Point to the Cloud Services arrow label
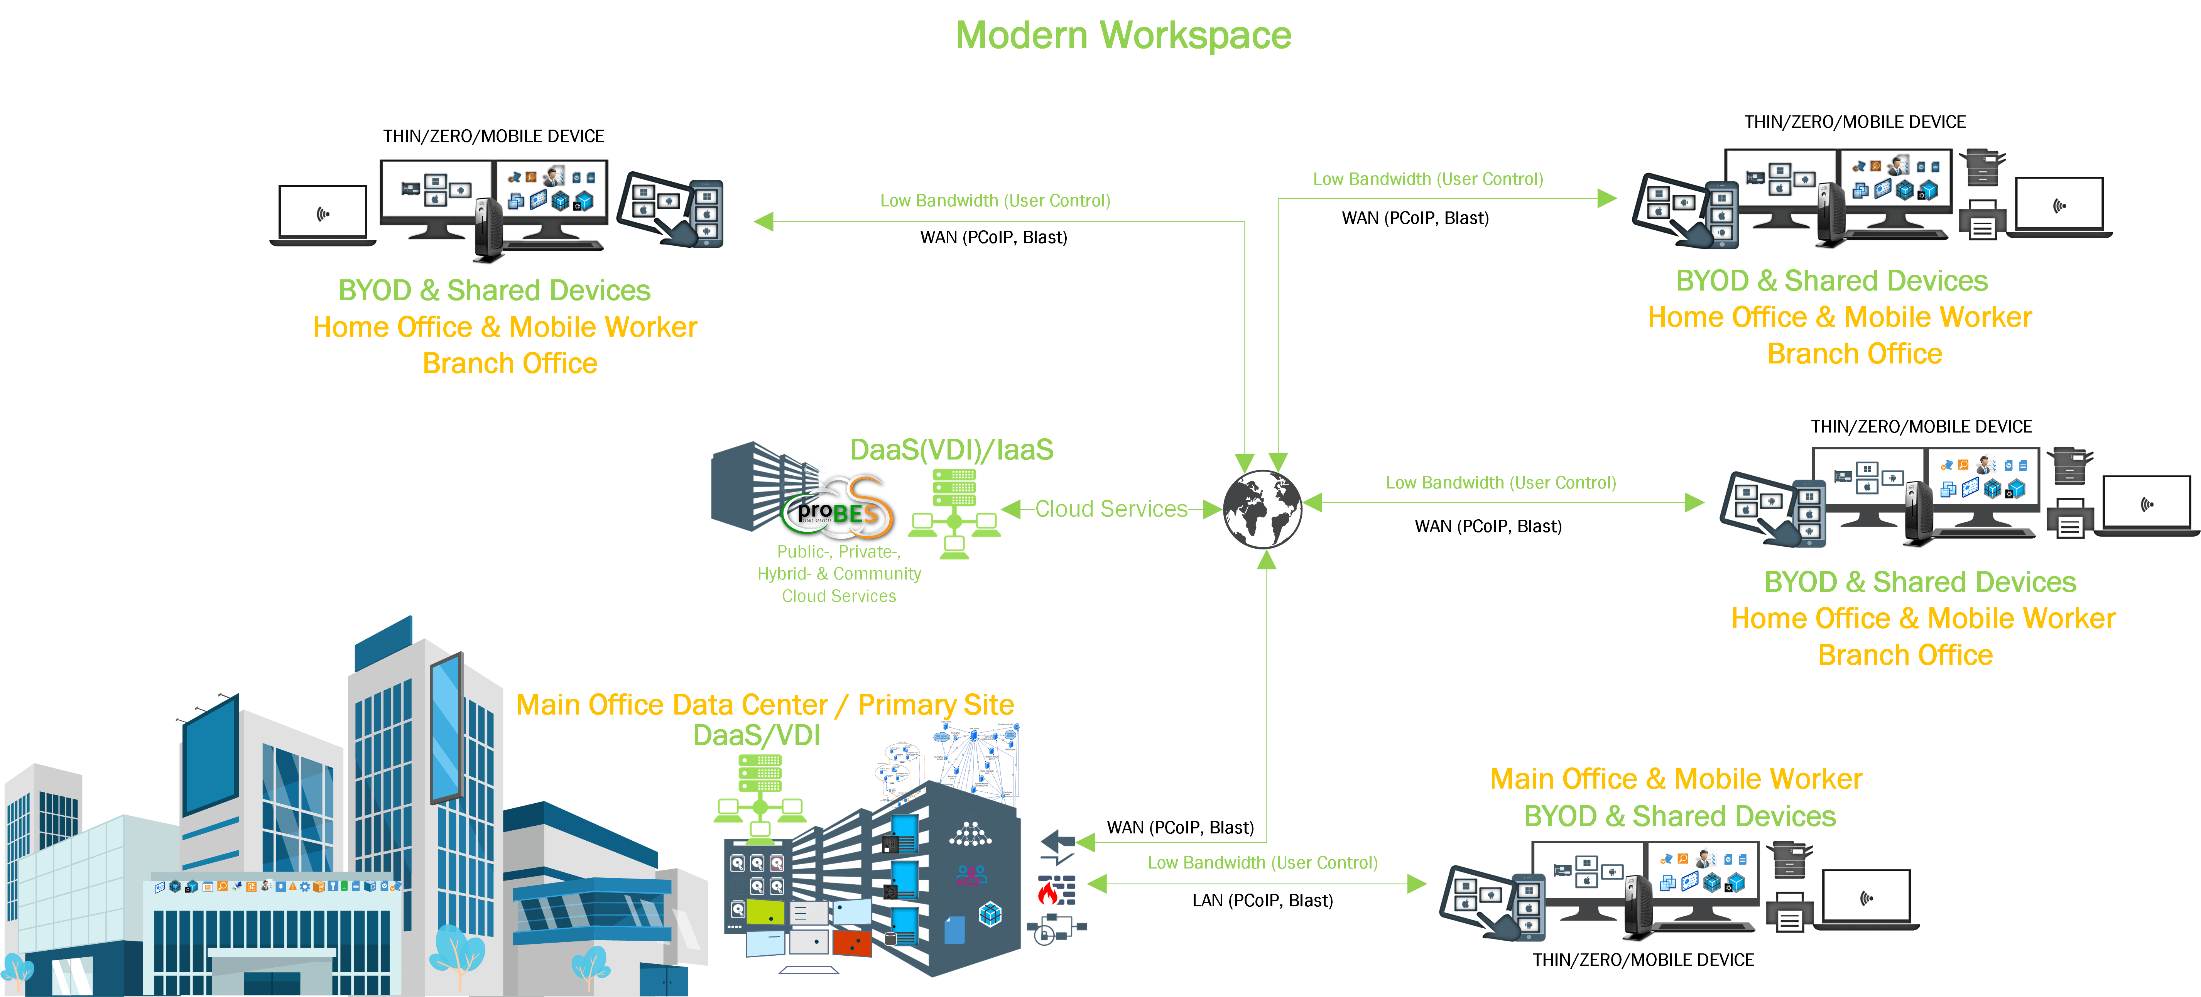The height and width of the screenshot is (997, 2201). point(1111,509)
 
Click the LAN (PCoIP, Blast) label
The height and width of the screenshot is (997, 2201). point(1262,901)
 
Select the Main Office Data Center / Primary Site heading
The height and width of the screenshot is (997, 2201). point(765,705)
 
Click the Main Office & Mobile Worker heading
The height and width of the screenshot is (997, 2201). point(1676,779)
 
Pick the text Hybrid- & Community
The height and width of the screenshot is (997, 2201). point(839,574)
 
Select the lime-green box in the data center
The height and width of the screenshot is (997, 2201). point(765,912)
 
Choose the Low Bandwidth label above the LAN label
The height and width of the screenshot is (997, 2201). point(1262,863)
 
